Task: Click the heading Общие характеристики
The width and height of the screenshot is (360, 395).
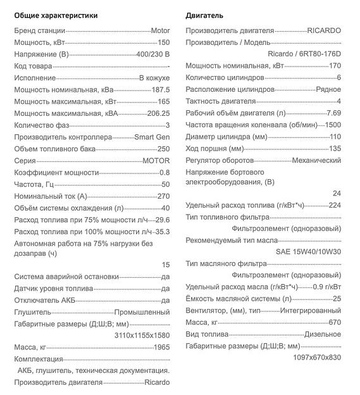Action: [x=56, y=15]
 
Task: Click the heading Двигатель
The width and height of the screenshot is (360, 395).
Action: [x=204, y=15]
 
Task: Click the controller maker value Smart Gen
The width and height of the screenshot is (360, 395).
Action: [x=152, y=137]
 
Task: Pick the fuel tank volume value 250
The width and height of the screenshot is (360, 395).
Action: [x=163, y=148]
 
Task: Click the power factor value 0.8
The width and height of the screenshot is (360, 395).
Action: [x=164, y=172]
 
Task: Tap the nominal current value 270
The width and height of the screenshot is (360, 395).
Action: [x=163, y=196]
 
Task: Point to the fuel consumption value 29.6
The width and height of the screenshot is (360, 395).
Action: [x=162, y=220]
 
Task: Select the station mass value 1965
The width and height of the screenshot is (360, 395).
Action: [x=161, y=348]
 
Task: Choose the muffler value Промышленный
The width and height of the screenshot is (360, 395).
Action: [x=142, y=312]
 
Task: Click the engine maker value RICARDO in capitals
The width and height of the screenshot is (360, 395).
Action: [x=324, y=30]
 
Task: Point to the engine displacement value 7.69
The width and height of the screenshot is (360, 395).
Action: [x=333, y=113]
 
